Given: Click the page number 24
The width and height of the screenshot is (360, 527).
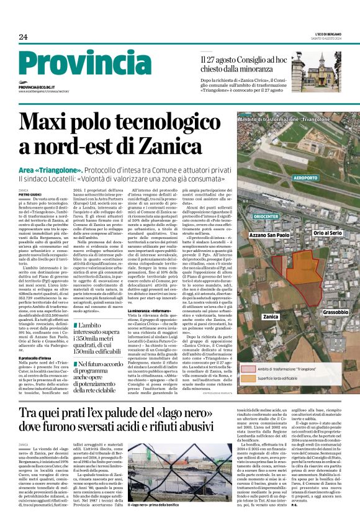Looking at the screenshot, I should (22, 37).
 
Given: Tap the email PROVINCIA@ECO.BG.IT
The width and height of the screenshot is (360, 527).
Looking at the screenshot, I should (37, 88).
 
